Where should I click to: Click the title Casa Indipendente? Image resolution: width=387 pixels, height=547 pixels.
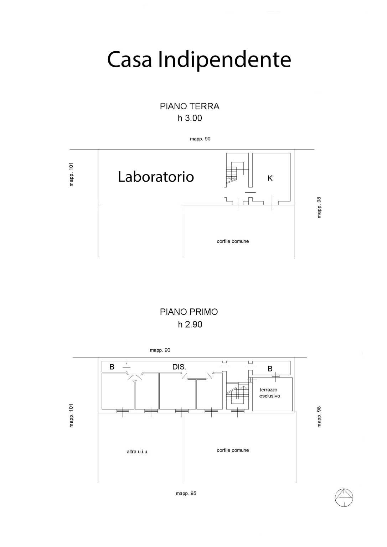tap(199, 60)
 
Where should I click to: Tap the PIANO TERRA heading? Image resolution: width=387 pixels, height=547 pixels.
tap(190, 106)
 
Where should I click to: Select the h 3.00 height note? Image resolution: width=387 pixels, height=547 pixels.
tap(190, 118)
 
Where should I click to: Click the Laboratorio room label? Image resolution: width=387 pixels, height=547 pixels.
tap(156, 177)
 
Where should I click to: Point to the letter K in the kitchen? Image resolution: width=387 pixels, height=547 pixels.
tap(270, 178)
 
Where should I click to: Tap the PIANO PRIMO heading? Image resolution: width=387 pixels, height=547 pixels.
tap(189, 312)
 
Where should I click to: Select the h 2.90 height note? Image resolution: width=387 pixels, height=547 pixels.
tap(190, 324)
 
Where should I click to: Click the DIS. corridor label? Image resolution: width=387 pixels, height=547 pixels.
tap(180, 367)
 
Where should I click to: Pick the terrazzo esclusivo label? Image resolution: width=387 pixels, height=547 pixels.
tap(269, 393)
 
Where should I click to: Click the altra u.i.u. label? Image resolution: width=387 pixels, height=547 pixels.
tap(138, 452)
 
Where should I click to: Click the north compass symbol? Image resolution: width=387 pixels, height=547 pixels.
tap(344, 497)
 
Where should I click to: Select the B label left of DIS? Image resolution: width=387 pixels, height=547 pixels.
tap(112, 367)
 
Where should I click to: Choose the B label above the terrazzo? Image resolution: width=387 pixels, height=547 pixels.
tap(270, 369)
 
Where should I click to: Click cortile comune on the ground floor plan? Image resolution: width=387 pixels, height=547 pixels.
tap(233, 241)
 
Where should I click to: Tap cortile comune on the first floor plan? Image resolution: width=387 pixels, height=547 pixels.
tap(233, 450)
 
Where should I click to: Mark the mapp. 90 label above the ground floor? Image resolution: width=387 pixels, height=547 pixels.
tap(200, 139)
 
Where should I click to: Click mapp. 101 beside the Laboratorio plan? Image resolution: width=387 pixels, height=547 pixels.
tap(71, 174)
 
